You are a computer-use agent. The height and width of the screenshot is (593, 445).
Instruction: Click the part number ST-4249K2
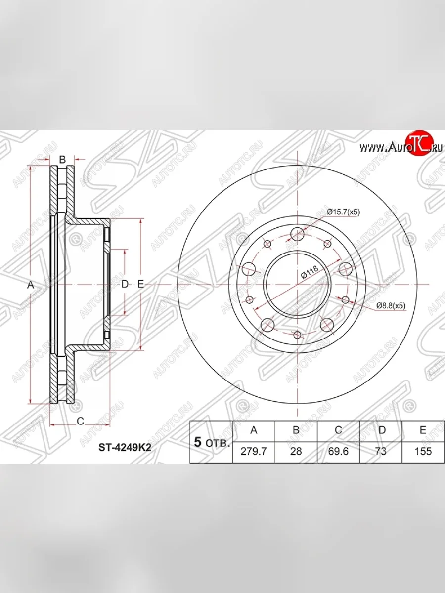pos(125,448)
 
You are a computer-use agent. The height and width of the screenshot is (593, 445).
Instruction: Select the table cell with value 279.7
pos(254,451)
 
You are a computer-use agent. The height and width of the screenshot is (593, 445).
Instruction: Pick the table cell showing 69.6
pos(338,451)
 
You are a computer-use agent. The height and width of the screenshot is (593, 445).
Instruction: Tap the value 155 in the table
pos(423,451)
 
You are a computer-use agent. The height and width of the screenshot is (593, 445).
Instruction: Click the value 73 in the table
pos(381,451)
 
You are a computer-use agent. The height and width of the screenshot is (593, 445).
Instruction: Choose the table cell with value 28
pos(296,451)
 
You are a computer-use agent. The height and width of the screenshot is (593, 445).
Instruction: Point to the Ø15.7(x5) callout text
pos(344,212)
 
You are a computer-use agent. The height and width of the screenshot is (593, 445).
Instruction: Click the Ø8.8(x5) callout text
pos(391,306)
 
